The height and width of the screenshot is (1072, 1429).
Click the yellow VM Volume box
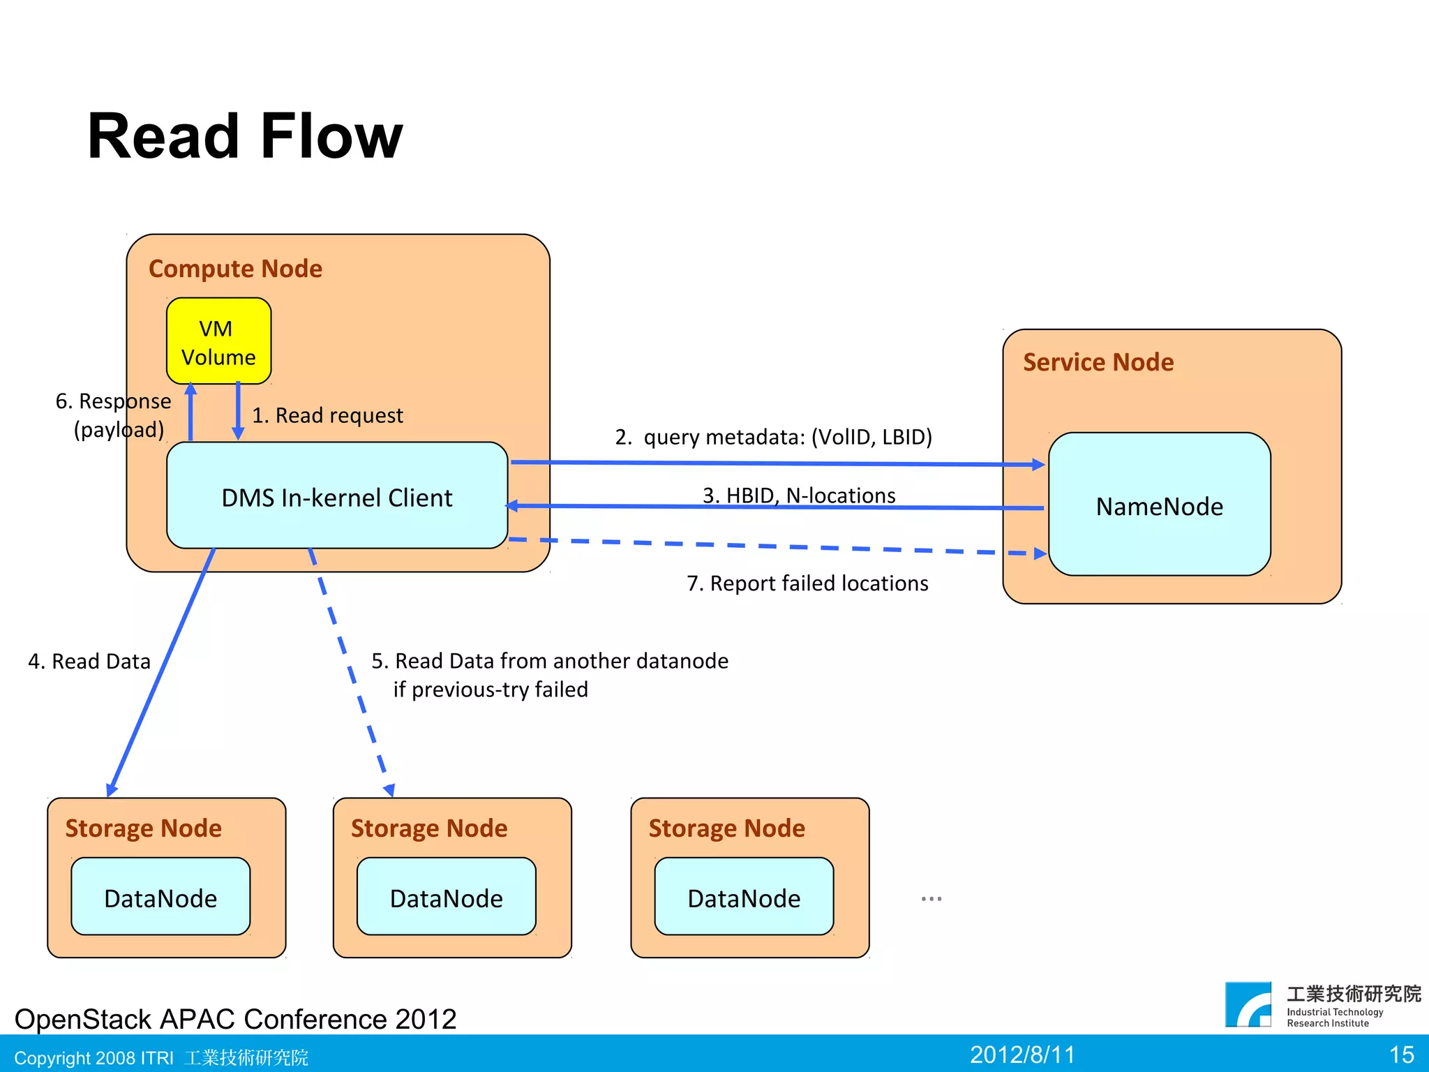click(218, 341)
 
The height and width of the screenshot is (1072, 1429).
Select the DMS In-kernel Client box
click(337, 496)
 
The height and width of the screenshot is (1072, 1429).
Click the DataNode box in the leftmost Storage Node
click(160, 898)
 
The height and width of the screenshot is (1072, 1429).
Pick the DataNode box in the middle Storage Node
click(446, 898)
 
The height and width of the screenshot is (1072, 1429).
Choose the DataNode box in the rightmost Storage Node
click(744, 898)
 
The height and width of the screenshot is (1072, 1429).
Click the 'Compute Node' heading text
click(235, 269)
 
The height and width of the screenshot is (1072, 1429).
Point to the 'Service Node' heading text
click(1098, 362)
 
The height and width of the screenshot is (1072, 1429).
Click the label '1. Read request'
click(327, 415)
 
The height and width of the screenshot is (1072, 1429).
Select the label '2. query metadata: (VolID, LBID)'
click(773, 437)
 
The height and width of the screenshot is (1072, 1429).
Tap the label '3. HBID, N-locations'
click(799, 495)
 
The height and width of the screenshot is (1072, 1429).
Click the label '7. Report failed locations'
click(807, 583)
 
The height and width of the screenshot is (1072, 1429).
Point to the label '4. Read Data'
click(89, 661)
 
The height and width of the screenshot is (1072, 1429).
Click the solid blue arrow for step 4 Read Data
click(161, 671)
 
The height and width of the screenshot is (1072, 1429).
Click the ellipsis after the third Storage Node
click(932, 899)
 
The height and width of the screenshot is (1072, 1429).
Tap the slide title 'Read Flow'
click(245, 136)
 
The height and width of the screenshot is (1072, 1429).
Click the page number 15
click(1401, 1055)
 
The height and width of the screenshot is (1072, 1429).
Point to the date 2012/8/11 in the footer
click(1022, 1055)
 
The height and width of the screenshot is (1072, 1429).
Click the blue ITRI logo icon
click(1248, 1005)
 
